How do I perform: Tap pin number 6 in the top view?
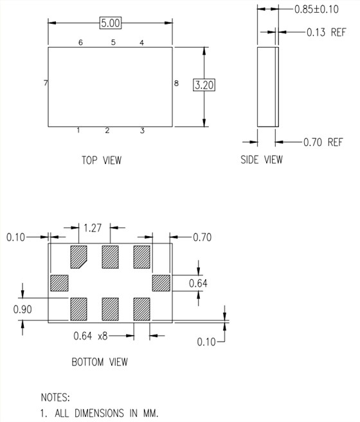pos(80,42)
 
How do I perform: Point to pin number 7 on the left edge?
pos(45,84)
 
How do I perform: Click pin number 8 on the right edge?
pos(175,83)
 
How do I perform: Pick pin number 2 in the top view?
pos(107,131)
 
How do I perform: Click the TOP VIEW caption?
pos(101,160)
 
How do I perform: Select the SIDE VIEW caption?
pos(260,160)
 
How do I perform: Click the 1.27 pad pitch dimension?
pos(94,226)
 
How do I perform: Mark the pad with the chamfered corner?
pos(78,257)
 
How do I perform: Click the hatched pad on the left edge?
pos(59,283)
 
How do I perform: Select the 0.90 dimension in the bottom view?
pos(22,309)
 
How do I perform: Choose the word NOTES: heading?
pos(55,398)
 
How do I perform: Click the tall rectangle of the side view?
pos(267,86)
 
